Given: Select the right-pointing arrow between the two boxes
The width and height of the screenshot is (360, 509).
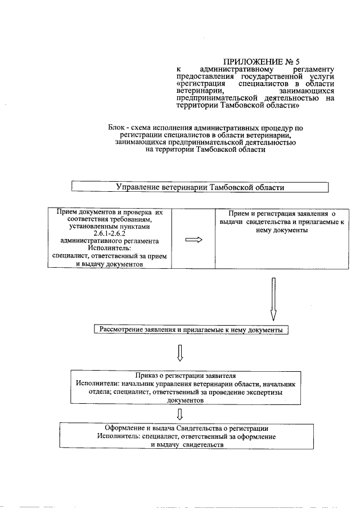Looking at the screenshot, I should coord(193,239).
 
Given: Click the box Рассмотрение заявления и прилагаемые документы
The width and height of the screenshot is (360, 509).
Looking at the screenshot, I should coord(191,329).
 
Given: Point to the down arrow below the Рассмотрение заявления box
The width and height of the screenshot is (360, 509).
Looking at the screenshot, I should coord(180,353).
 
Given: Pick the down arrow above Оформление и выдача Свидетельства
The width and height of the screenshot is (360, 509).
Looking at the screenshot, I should coord(180,415).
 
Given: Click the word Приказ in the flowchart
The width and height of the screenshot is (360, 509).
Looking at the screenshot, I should coord(148,375).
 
